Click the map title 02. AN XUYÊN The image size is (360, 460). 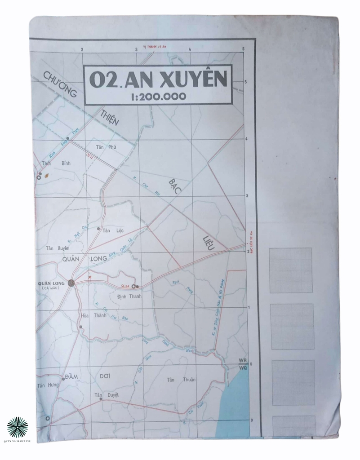click(x=158, y=80)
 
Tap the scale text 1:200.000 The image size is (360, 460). click(x=158, y=96)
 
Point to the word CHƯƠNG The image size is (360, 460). click(x=60, y=84)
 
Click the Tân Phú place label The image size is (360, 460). click(x=106, y=147)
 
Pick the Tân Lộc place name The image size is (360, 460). click(x=113, y=231)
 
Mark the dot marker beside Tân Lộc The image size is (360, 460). click(x=99, y=229)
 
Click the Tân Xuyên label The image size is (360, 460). click(x=58, y=248)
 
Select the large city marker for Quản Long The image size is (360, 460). click(x=71, y=282)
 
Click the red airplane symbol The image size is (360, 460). click(x=90, y=278)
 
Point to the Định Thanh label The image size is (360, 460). click(x=129, y=296)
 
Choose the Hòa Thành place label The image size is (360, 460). click(x=94, y=315)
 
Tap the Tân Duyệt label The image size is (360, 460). click(x=107, y=395)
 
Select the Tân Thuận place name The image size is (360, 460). click(x=181, y=380)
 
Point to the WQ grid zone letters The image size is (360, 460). click(x=244, y=368)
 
